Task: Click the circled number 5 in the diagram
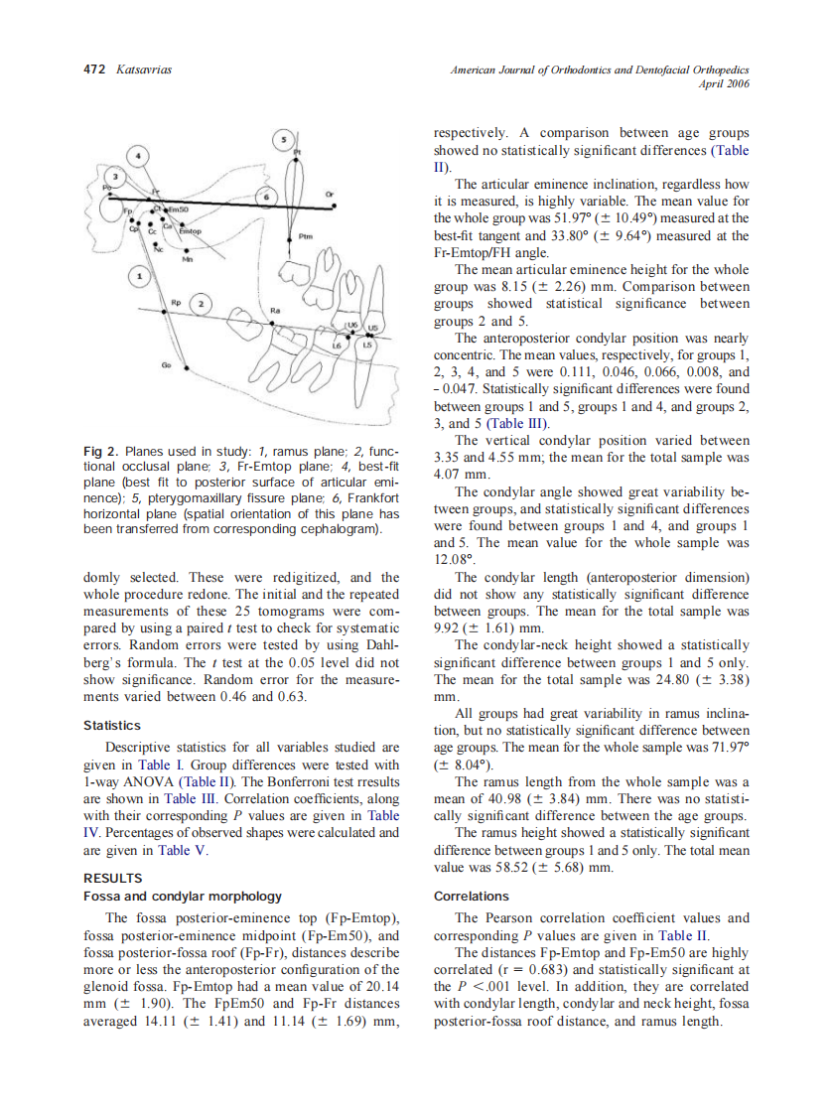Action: tap(284, 140)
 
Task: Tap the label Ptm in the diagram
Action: tap(306, 237)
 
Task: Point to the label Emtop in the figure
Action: tap(190, 231)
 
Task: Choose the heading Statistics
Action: tap(111, 726)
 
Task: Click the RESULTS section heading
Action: tap(112, 878)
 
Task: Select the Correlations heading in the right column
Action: tap(472, 896)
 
